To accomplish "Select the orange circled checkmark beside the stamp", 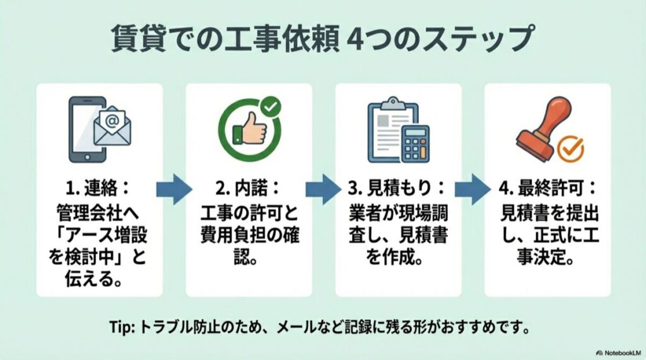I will click(572, 149).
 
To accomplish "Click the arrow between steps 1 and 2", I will click(173, 189).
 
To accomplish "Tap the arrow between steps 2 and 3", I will click(324, 189).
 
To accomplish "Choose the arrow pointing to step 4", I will click(473, 189).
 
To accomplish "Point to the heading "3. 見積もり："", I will click(398, 188).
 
